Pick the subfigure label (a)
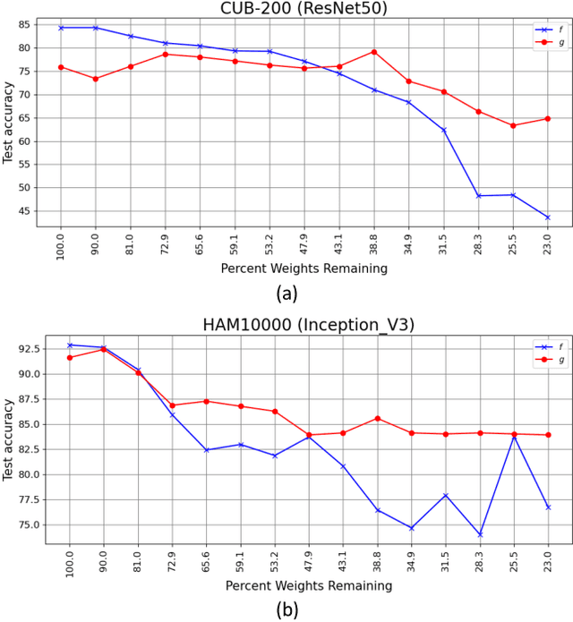[x=286, y=293]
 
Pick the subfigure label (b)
[x=286, y=609]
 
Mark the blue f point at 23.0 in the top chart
[x=547, y=217]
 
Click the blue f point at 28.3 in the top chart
[x=478, y=196]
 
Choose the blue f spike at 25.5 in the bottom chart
[x=513, y=436]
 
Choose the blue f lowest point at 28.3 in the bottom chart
[x=478, y=534]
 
